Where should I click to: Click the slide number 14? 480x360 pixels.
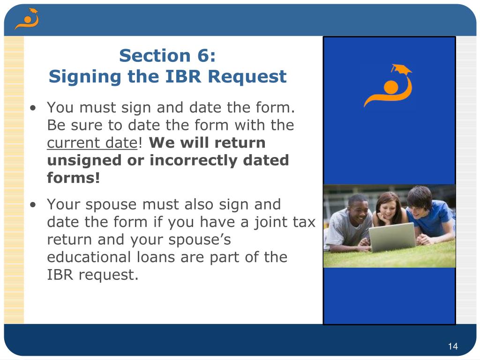(x=452, y=346)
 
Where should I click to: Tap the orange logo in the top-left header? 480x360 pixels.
(x=26, y=19)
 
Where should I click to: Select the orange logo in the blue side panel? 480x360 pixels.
(x=388, y=86)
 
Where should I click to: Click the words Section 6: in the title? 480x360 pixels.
(x=167, y=56)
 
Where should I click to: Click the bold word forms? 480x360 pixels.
(x=74, y=178)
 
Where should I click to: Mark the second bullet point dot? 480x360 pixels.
(x=33, y=205)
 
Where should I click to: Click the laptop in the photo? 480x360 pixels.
(x=392, y=237)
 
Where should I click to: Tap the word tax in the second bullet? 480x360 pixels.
(x=304, y=222)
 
